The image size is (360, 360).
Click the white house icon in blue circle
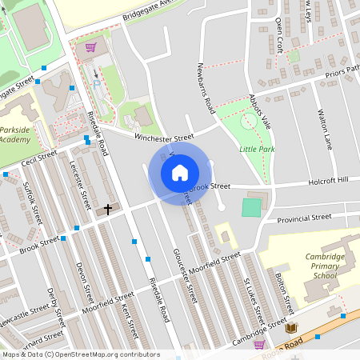(x=180, y=172)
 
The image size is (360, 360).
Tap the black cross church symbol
(x=108, y=210)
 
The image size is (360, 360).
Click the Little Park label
(x=256, y=149)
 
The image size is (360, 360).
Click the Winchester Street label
(x=164, y=138)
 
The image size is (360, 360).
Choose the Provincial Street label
(x=304, y=217)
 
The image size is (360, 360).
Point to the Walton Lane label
(x=325, y=129)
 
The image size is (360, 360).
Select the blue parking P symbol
(x=98, y=82)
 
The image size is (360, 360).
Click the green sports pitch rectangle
(x=251, y=206)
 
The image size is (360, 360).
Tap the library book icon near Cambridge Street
(x=291, y=328)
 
